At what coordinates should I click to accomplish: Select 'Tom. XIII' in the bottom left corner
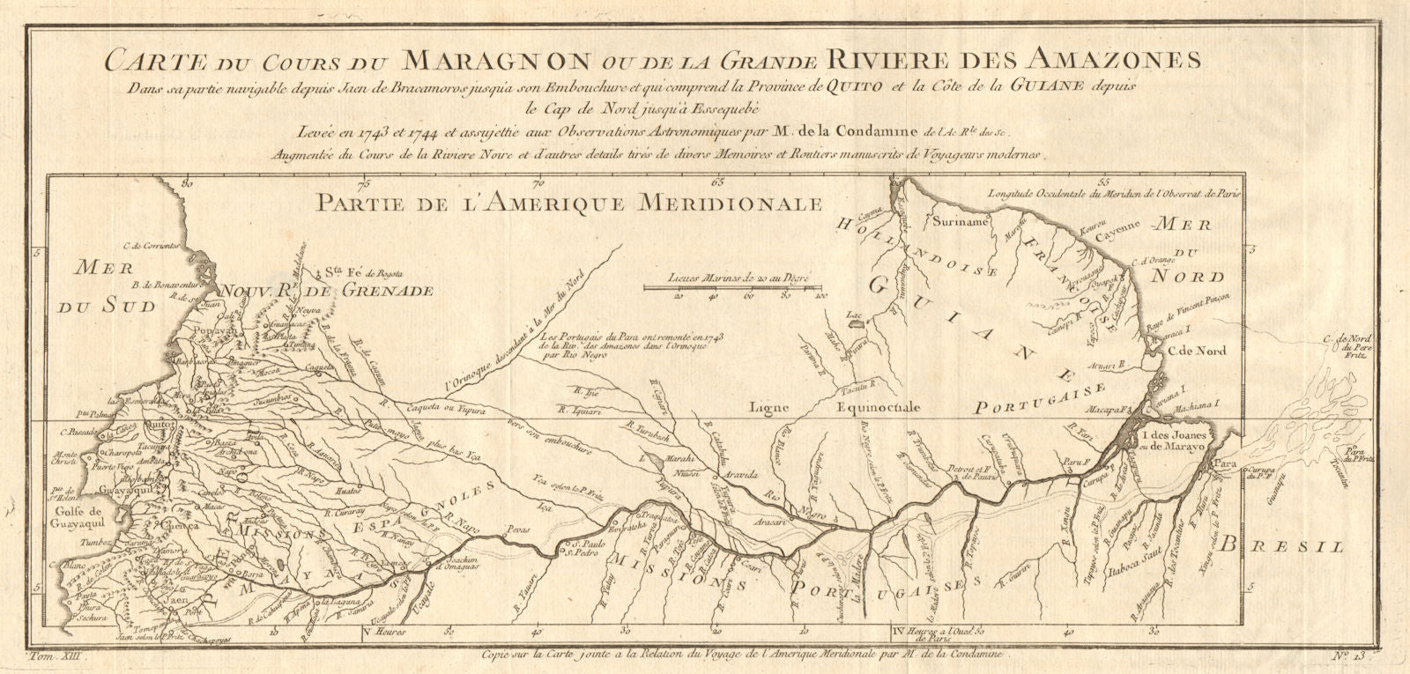click(x=54, y=655)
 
